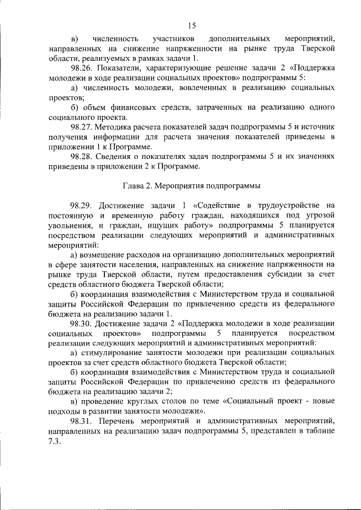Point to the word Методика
pyautogui.click(x=117, y=127)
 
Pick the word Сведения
pyautogui.click(x=117, y=156)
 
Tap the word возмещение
pyautogui.click(x=108, y=255)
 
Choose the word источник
pyautogui.click(x=318, y=127)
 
